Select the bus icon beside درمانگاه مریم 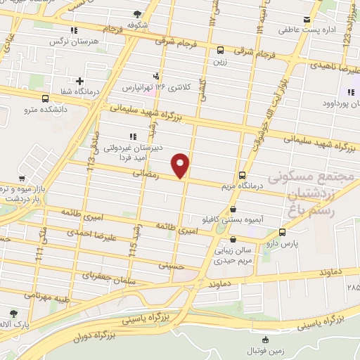[x=243, y=174]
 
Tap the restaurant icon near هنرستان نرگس [x=74, y=30]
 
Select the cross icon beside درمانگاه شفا [x=80, y=82]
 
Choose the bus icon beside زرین [x=221, y=50]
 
